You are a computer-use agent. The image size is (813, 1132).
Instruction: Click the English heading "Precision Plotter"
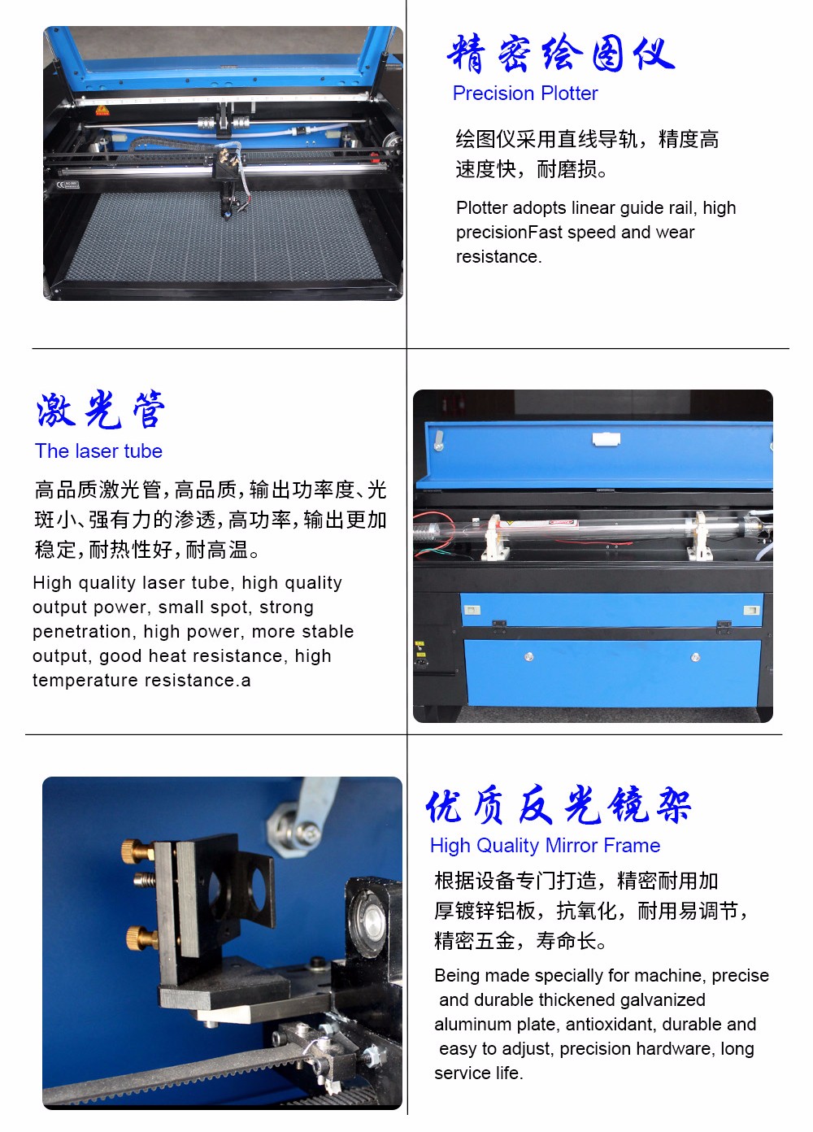[525, 93]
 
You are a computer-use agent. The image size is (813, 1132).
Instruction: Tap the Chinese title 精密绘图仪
[561, 53]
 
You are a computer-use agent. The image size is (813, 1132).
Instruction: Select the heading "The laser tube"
[98, 451]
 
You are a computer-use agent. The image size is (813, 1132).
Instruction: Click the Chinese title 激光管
[101, 410]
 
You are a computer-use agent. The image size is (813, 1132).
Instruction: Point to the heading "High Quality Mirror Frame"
[546, 846]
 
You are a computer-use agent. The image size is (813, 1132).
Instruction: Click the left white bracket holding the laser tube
[494, 538]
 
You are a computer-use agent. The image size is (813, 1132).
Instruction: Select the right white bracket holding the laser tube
[701, 536]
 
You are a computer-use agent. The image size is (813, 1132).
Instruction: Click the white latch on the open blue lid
[606, 438]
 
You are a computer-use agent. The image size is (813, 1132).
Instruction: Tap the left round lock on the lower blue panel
[528, 656]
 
